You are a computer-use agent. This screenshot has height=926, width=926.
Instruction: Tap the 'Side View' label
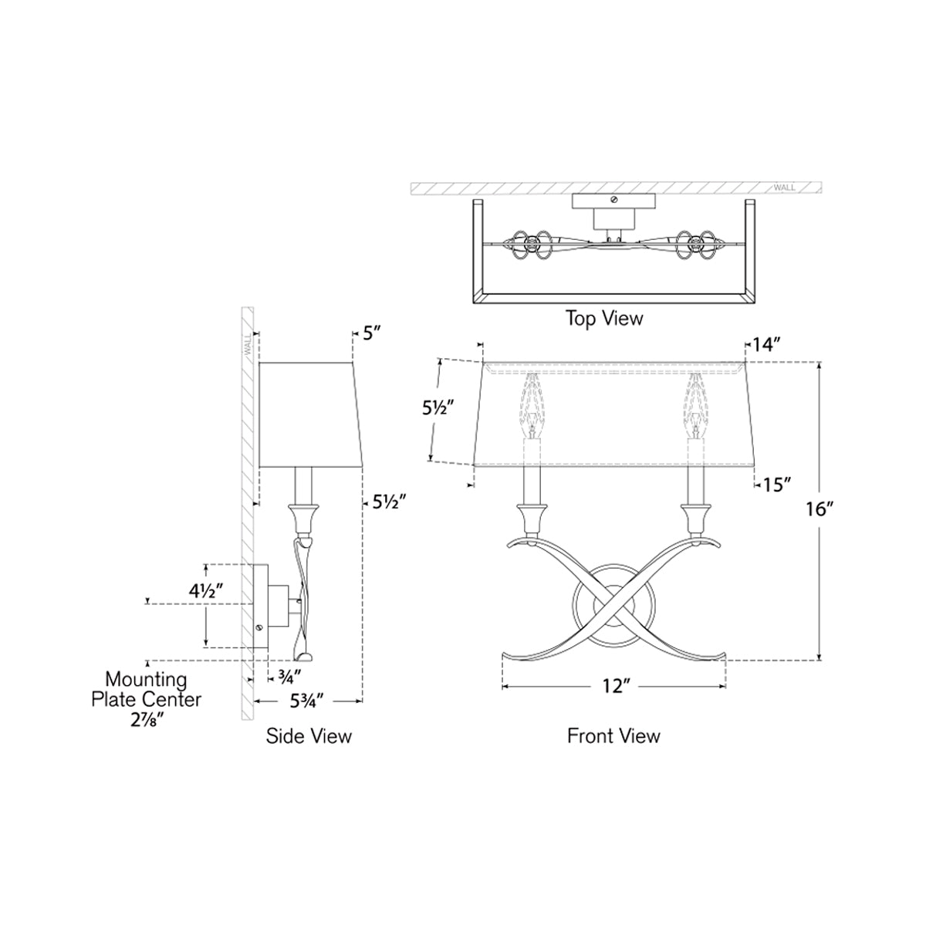click(x=309, y=735)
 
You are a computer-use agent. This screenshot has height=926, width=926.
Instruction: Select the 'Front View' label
click(x=613, y=735)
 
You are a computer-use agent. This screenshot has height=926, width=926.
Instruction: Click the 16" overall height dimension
click(x=819, y=509)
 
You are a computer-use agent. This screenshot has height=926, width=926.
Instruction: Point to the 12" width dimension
click(x=613, y=686)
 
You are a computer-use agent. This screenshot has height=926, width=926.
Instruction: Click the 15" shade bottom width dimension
click(x=777, y=485)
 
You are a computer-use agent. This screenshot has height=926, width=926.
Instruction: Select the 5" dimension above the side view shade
click(x=373, y=333)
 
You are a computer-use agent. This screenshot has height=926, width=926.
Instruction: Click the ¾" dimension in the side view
click(x=285, y=678)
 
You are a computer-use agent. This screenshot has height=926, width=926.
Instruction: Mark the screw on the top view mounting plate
click(x=613, y=200)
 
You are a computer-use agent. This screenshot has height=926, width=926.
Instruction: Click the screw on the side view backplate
click(x=261, y=627)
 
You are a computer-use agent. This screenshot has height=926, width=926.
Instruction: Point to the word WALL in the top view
click(x=783, y=188)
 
